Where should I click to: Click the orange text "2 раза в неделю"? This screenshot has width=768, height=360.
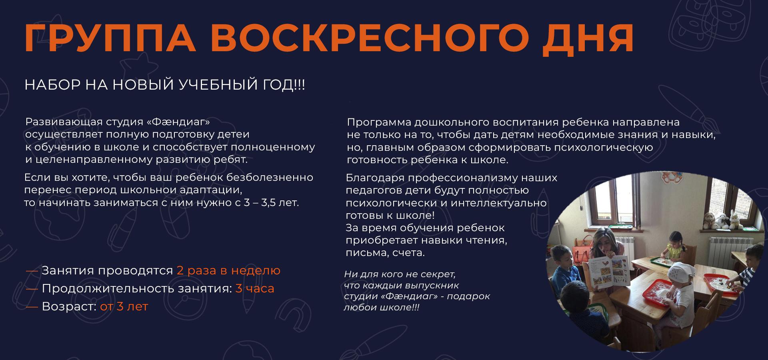tap(228, 270)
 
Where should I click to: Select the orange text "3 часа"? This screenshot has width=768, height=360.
tap(255, 288)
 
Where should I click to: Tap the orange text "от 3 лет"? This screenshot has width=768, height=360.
tap(124, 306)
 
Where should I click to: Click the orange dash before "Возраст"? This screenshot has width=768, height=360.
tap(32, 307)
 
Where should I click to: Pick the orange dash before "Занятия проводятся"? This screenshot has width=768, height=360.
tap(32, 271)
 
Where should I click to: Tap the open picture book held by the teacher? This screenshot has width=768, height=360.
tap(610, 272)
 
